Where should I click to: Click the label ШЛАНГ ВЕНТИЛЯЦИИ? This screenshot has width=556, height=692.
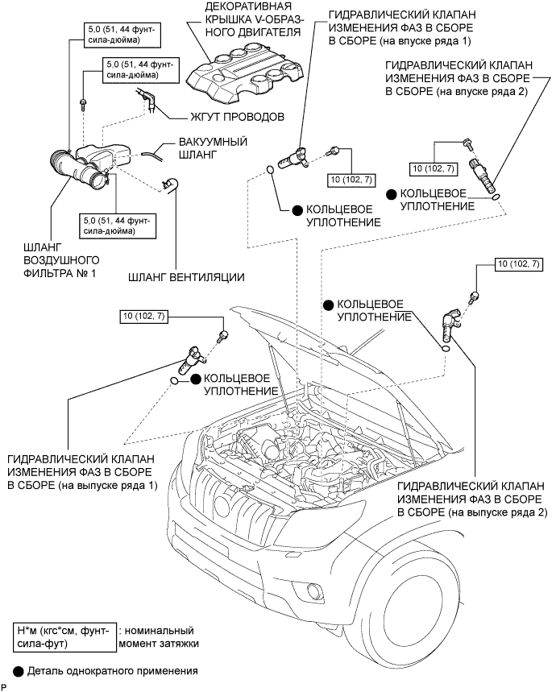[x=186, y=279]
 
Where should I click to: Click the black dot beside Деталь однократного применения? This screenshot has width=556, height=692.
[x=19, y=669]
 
